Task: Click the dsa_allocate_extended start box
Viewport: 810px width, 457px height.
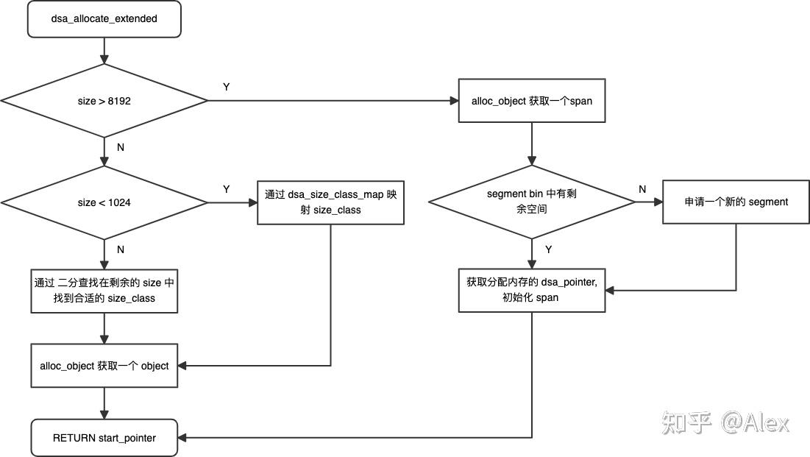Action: [x=104, y=18]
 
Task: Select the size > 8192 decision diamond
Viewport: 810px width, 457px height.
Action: [x=104, y=101]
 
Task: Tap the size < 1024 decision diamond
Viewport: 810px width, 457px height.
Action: [x=104, y=202]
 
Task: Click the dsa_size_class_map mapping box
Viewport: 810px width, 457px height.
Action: [x=330, y=202]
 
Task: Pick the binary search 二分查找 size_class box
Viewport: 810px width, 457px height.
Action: [x=104, y=291]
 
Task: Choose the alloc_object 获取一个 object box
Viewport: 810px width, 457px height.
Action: [x=104, y=365]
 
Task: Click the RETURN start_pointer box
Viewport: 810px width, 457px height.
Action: [x=104, y=438]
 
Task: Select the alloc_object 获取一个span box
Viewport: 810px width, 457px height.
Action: [x=531, y=101]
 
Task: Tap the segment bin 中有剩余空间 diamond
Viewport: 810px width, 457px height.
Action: [x=531, y=202]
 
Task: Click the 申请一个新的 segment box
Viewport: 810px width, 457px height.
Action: [x=736, y=202]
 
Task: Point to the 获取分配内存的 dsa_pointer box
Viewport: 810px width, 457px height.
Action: [x=531, y=290]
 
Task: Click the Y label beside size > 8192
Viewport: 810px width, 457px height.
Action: [x=227, y=87]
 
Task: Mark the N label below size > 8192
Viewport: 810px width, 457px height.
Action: [x=121, y=147]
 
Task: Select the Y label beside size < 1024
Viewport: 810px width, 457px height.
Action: [x=227, y=189]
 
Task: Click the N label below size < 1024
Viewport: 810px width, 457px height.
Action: [x=121, y=249]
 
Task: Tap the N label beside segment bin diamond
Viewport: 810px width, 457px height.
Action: [x=642, y=189]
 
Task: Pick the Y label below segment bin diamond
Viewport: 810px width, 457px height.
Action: [x=548, y=249]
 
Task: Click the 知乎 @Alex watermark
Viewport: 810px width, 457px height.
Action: [x=725, y=422]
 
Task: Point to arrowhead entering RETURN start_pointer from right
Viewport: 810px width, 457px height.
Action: [x=182, y=438]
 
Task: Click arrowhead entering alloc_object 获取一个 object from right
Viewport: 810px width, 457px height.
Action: [x=182, y=365]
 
